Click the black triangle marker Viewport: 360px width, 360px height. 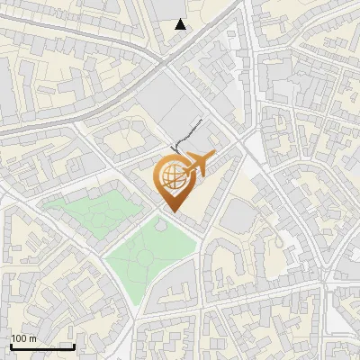click(181, 24)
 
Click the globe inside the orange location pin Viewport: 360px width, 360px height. click(171, 176)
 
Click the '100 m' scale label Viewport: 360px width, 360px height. click(23, 338)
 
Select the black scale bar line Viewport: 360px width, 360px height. click(41, 346)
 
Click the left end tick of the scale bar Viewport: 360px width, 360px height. click(10, 345)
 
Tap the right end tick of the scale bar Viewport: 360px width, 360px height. click(74, 345)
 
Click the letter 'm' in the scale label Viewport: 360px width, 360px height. click(32, 338)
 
